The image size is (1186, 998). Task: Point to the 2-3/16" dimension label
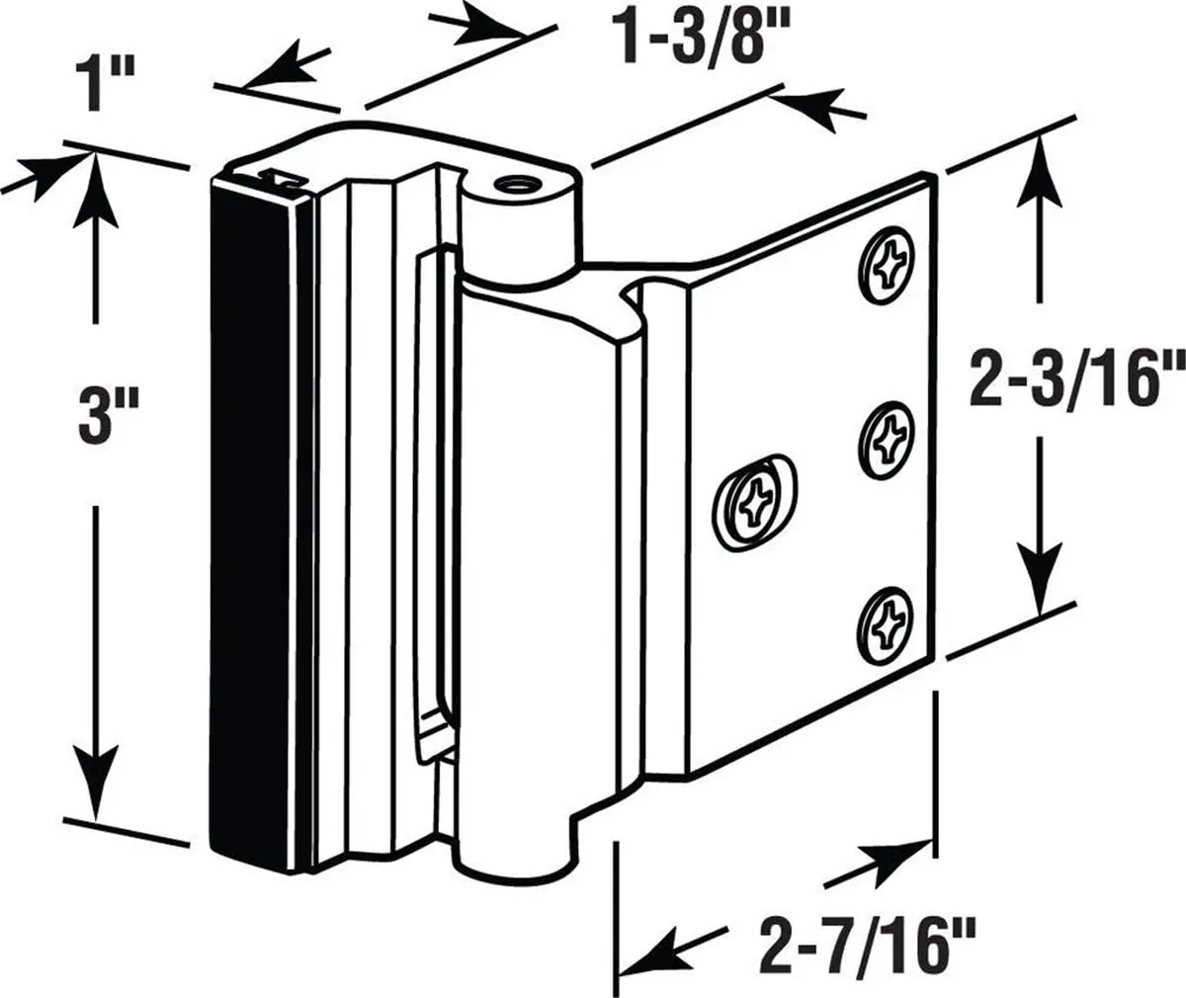pyautogui.click(x=1075, y=380)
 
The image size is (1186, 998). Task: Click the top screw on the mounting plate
pyautogui.click(x=885, y=261)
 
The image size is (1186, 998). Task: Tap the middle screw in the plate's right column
pyautogui.click(x=886, y=437)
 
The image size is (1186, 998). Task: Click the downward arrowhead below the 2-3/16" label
pyautogui.click(x=1040, y=588)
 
